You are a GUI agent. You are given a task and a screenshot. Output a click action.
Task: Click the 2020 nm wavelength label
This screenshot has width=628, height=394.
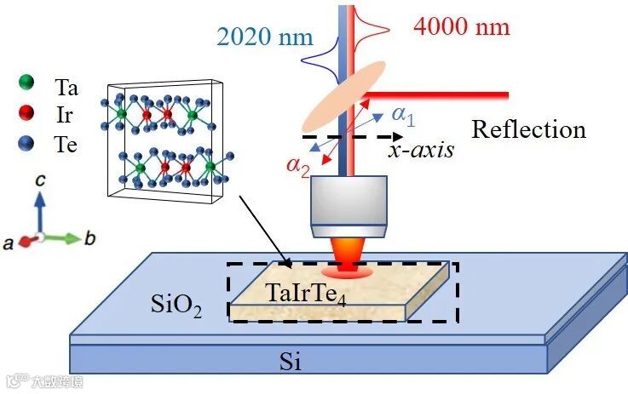[x=266, y=37]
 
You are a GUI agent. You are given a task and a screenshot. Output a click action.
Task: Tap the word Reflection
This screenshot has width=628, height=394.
[x=528, y=129]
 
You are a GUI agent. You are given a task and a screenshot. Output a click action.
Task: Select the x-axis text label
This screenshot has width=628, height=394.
[x=420, y=150]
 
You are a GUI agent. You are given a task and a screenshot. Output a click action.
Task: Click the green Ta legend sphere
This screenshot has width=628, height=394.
[x=26, y=83]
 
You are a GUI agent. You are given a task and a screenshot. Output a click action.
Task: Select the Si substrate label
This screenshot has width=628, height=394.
[x=291, y=363]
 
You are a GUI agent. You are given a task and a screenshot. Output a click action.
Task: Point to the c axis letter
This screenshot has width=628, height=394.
[x=39, y=181]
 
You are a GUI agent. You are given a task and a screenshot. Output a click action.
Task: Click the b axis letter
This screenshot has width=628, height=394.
[x=89, y=238]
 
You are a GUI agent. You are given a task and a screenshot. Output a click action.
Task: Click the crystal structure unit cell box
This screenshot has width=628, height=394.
[x=167, y=142]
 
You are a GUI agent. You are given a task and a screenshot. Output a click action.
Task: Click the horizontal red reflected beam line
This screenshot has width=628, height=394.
[x=443, y=93]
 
